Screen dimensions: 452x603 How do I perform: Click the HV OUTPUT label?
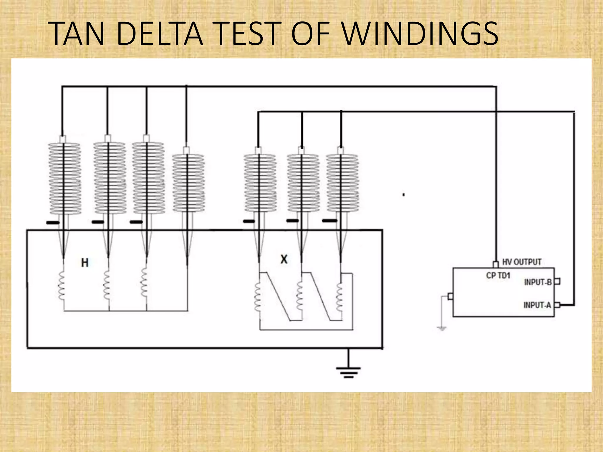coord(522,262)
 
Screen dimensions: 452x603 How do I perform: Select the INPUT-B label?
coord(538,282)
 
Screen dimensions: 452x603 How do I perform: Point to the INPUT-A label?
coord(537,305)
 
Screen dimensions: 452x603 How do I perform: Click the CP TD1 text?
coord(498,276)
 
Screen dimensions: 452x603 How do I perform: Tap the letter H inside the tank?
coord(85,262)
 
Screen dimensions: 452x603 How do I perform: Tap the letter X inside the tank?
coord(284,259)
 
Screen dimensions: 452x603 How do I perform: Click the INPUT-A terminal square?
coord(557,305)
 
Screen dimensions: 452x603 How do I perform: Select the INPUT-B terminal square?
coord(557,282)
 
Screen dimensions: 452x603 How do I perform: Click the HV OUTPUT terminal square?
coord(496,264)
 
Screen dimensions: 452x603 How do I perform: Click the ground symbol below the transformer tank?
coord(349,371)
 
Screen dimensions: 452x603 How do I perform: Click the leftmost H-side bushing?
coord(64,178)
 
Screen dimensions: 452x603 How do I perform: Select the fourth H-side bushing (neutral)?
coord(188,183)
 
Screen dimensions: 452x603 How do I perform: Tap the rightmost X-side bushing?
coord(342,183)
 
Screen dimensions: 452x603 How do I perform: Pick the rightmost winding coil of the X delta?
coord(339,297)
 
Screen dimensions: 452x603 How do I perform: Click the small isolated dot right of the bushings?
coord(404,195)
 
